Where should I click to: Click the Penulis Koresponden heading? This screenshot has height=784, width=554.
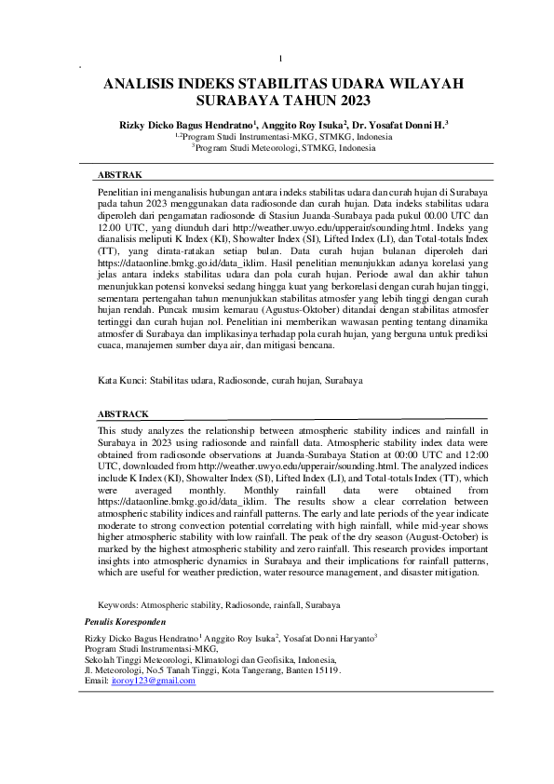(x=126, y=619)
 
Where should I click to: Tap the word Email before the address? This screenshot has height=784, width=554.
(x=96, y=681)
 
